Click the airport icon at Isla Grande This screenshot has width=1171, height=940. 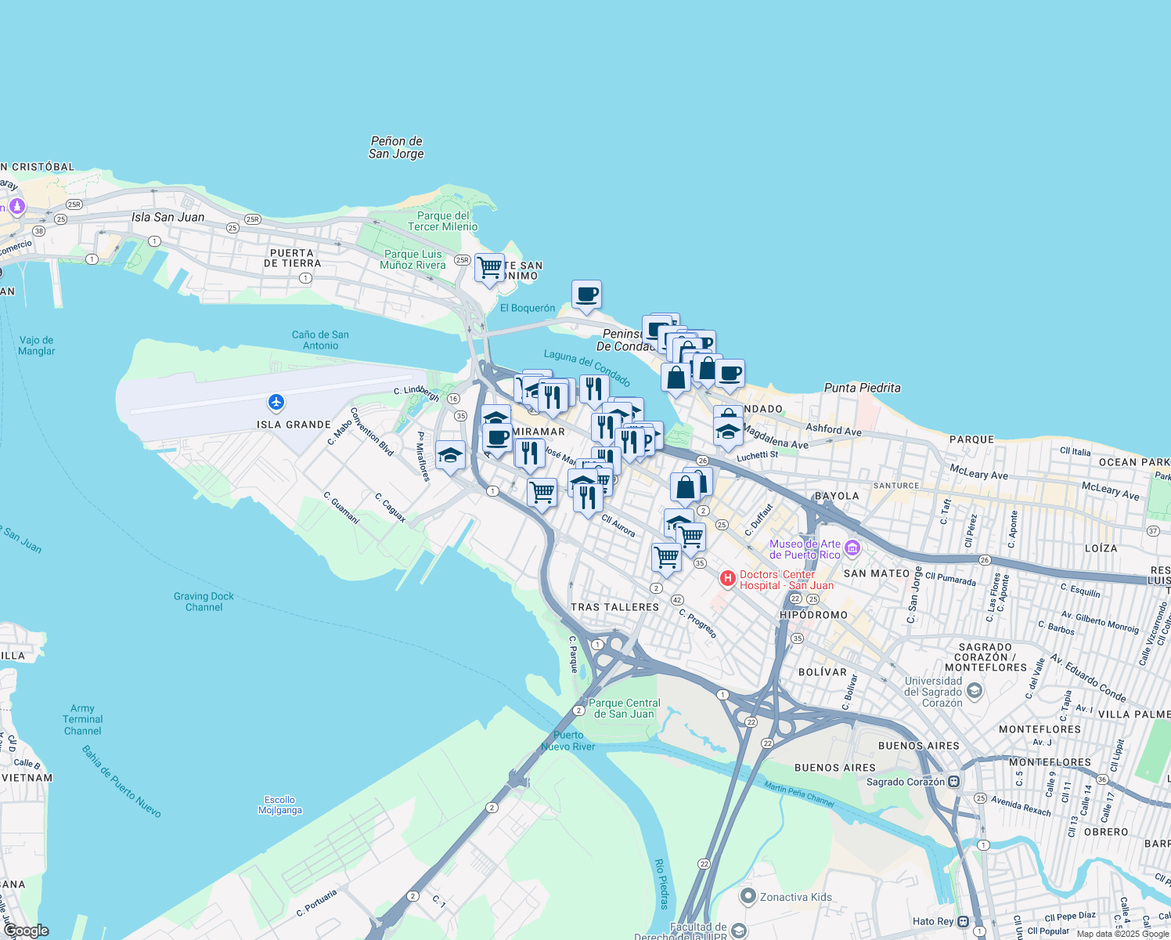coord(276,403)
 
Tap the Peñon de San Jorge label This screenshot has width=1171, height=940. coord(396,147)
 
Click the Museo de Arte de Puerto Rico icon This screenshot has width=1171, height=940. coord(852,548)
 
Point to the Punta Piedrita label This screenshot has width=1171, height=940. coord(862,388)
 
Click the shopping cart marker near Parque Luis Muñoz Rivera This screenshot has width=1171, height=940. coord(489,268)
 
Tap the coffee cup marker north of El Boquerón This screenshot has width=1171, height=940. coord(586,295)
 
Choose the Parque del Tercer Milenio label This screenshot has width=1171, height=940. coord(443,221)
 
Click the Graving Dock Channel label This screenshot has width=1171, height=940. coord(204,602)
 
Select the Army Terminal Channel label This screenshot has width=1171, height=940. coord(82,719)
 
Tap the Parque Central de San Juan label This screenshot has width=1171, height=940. coord(625,708)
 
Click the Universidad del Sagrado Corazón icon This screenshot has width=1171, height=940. coord(974,690)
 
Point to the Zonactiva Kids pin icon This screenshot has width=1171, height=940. coord(748,896)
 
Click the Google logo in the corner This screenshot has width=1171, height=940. coord(27,931)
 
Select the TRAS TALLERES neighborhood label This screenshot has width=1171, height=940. coord(614,607)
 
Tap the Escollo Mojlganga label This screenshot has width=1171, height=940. coord(280,804)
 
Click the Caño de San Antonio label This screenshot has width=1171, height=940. coord(320,340)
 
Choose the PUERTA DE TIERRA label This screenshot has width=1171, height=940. coord(292,258)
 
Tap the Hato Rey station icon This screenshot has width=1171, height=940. coord(963,921)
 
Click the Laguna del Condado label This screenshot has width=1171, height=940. coord(587,368)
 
